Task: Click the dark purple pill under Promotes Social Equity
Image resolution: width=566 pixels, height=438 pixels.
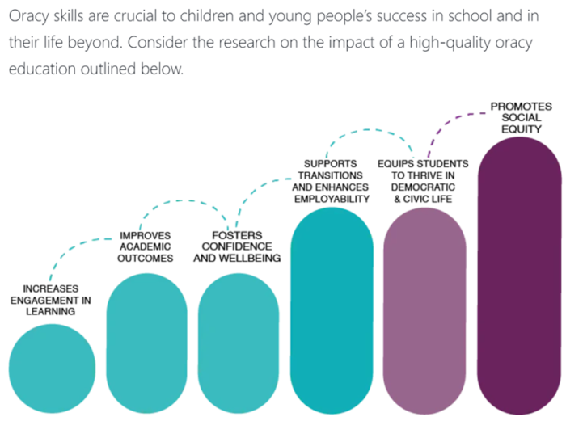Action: click(x=519, y=283)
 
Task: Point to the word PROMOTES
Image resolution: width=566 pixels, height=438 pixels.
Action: click(x=521, y=106)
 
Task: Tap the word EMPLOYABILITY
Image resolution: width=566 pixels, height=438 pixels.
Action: click(x=332, y=198)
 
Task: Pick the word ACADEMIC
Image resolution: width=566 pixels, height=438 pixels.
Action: click(x=146, y=247)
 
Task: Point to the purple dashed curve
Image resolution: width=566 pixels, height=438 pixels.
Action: click(x=453, y=121)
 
